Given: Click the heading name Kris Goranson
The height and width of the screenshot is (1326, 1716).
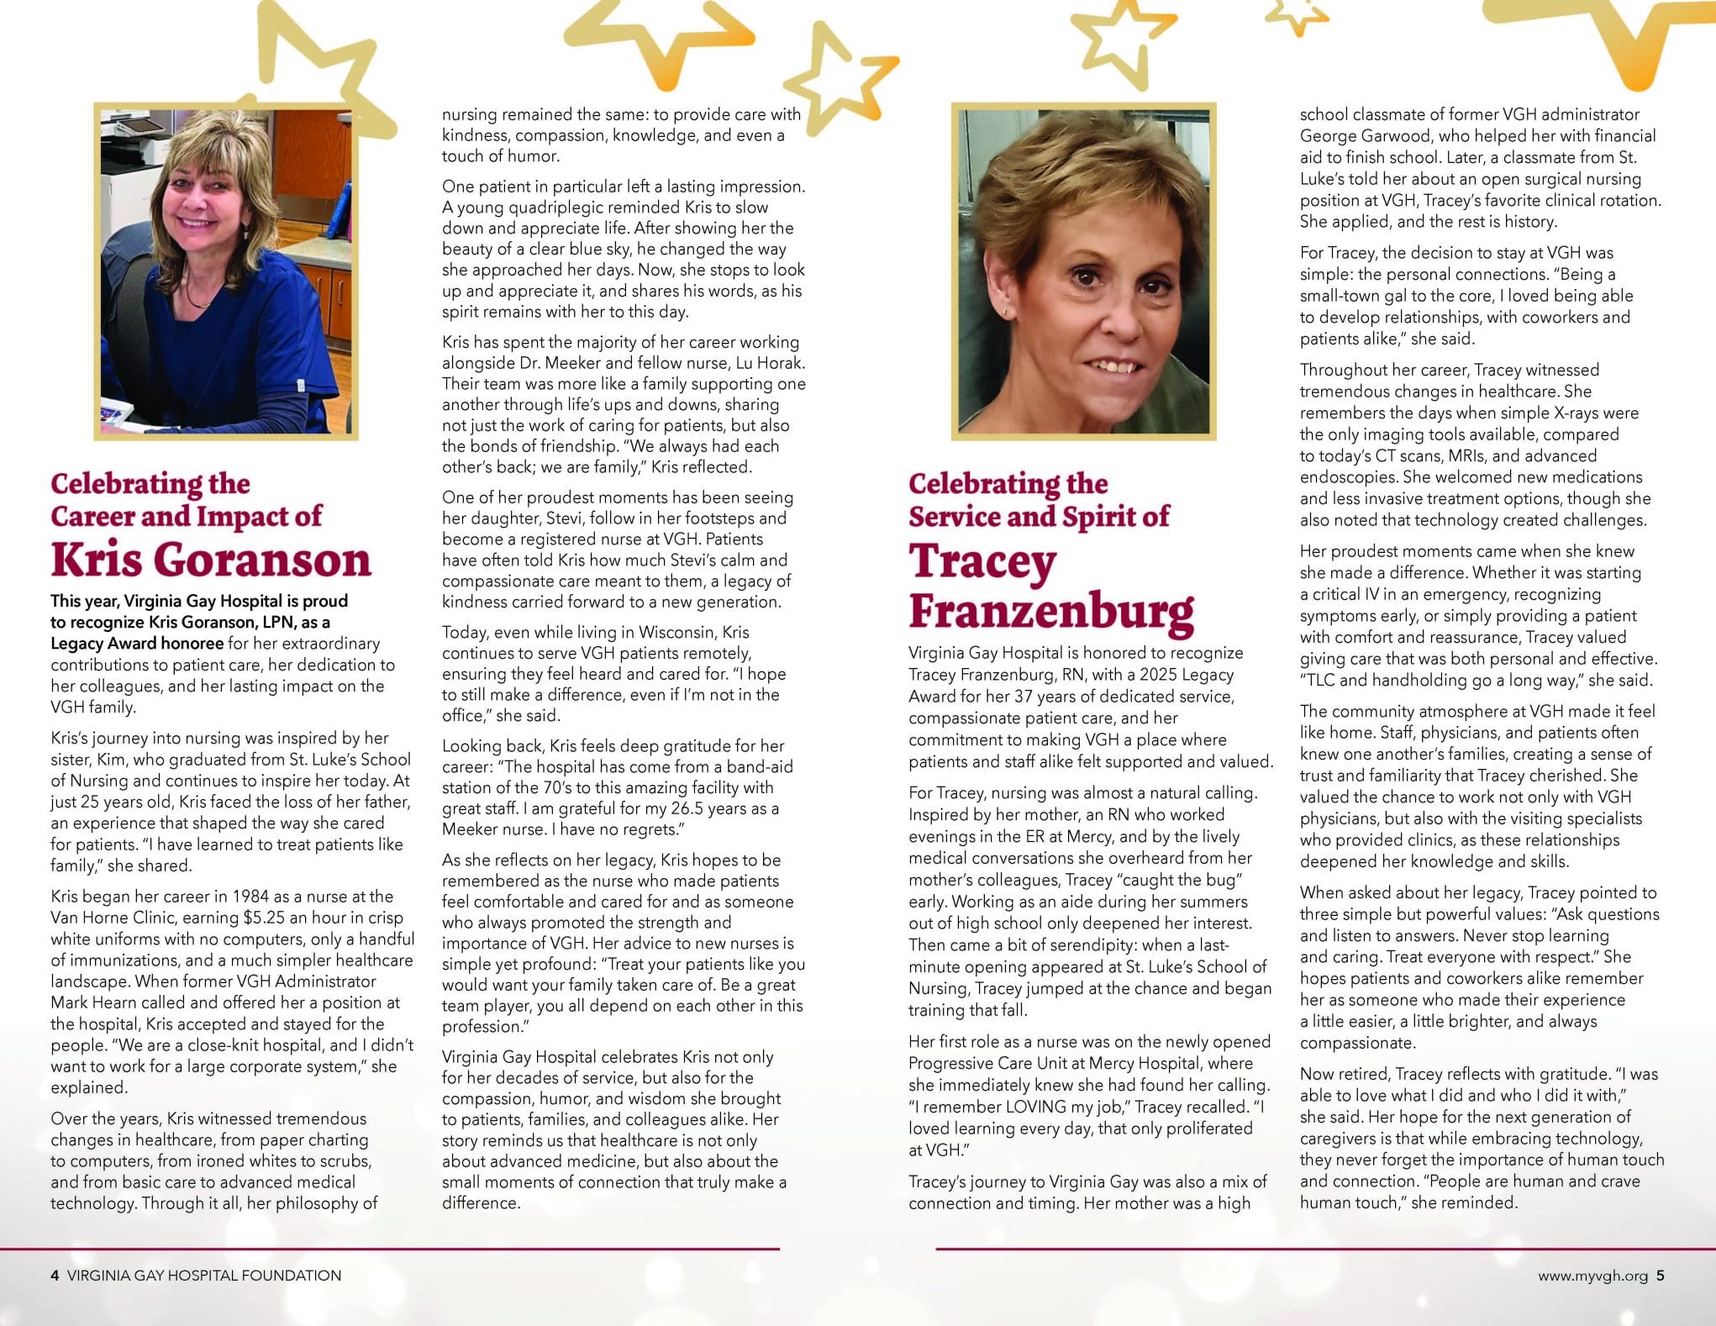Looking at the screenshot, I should pyautogui.click(x=210, y=560).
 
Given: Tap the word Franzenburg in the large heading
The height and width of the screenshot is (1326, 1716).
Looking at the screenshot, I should pyautogui.click(x=1050, y=611).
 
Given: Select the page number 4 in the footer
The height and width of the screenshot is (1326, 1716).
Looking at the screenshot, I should pyautogui.click(x=55, y=1276).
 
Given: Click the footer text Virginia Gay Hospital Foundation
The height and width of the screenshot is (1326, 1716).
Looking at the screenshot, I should pyautogui.click(x=204, y=1276).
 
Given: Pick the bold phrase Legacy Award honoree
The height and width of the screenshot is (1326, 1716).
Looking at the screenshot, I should pyautogui.click(x=137, y=644).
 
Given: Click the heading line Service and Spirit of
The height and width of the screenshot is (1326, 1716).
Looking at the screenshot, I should pyautogui.click(x=1039, y=516).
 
